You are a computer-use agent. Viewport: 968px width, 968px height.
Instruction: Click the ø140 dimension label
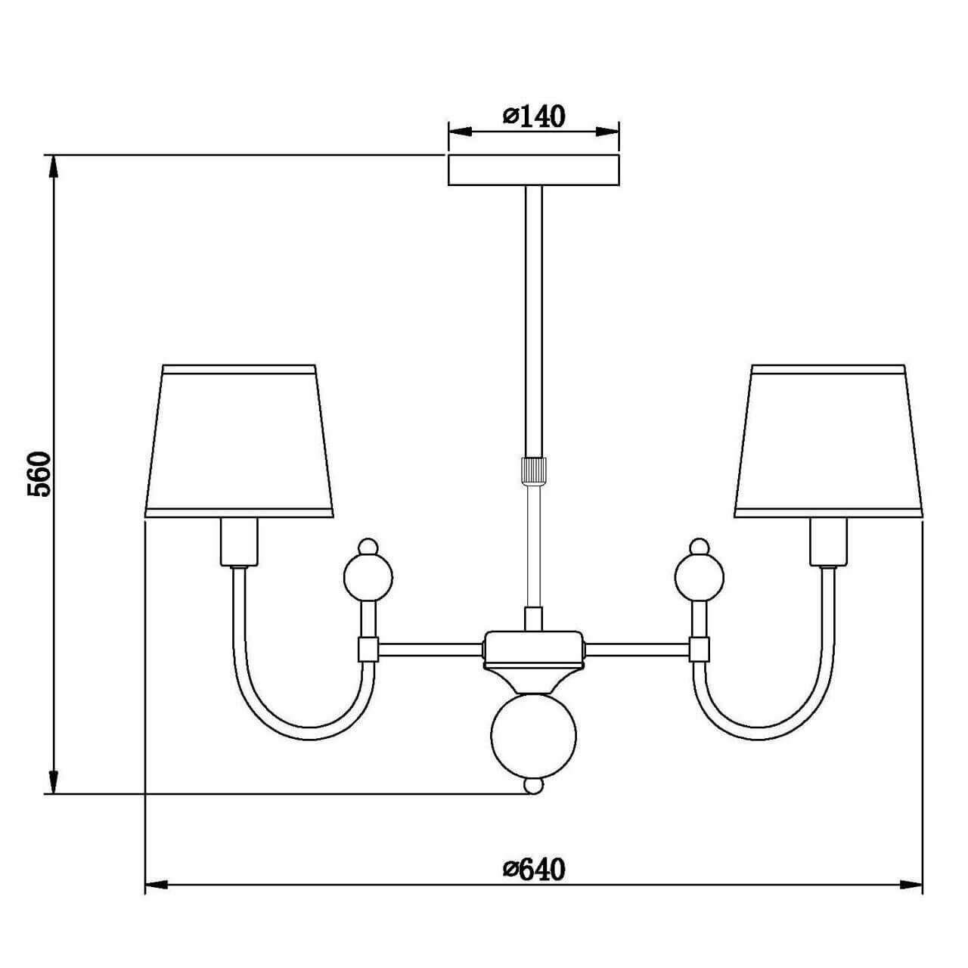(534, 116)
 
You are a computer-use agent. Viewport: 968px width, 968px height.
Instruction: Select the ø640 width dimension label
(534, 869)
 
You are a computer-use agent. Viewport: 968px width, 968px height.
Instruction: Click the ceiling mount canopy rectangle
(534, 170)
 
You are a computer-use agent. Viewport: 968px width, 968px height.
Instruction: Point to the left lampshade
(239, 442)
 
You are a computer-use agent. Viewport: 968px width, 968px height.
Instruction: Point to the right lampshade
(828, 442)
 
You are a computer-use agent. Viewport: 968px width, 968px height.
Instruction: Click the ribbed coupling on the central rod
(534, 470)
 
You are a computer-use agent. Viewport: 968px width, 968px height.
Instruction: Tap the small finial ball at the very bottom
(534, 786)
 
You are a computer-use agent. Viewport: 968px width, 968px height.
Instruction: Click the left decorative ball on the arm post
(368, 576)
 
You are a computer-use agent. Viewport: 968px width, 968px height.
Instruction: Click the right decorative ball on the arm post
(700, 576)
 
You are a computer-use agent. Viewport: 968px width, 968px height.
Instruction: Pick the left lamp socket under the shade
(239, 541)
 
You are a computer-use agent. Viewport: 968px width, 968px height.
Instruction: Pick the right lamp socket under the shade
(829, 541)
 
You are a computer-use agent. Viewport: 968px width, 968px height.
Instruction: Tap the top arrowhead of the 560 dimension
(54, 166)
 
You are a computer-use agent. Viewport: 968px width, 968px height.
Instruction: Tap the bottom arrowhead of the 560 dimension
(54, 782)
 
